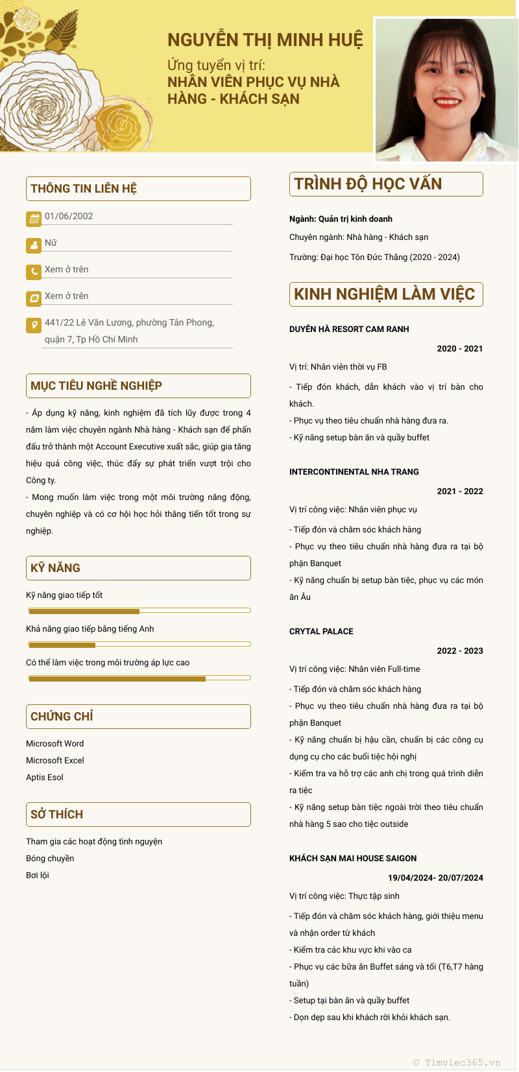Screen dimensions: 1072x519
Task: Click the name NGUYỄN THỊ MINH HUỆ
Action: tap(265, 40)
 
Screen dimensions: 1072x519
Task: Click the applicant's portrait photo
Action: tap(446, 89)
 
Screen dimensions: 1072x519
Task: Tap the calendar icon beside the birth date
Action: tap(34, 219)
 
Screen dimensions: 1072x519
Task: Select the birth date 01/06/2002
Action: tap(69, 217)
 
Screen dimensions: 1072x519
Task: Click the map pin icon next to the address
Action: tap(34, 325)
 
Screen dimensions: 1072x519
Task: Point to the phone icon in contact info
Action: tap(34, 272)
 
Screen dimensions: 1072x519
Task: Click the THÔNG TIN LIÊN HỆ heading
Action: tap(84, 189)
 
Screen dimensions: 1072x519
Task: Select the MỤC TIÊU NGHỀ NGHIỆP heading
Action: tap(96, 386)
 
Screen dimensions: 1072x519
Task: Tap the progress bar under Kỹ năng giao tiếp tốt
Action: tap(139, 611)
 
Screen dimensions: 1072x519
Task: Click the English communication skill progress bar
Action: tap(139, 645)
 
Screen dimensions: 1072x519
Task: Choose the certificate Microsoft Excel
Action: tap(55, 761)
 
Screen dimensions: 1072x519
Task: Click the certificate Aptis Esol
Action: tap(45, 778)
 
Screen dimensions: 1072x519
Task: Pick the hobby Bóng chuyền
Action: tap(50, 859)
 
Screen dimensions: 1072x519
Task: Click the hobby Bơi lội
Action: tap(38, 875)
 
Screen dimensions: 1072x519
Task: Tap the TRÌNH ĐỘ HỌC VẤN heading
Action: tap(368, 184)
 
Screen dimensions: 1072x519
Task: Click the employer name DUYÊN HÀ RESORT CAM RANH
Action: tap(349, 329)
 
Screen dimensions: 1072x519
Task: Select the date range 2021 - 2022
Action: tap(460, 492)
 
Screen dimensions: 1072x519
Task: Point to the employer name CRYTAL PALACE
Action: tap(321, 632)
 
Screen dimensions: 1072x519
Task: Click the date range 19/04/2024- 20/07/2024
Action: tap(435, 878)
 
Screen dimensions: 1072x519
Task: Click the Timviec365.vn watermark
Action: tap(457, 1062)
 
